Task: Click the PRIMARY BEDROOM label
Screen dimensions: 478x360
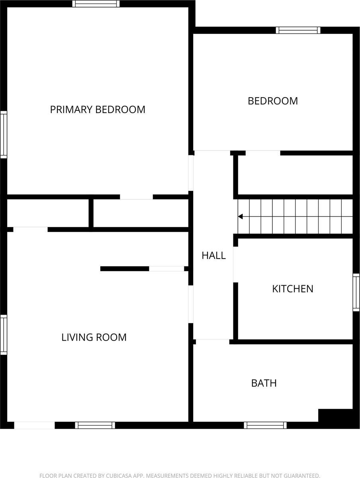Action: point(98,109)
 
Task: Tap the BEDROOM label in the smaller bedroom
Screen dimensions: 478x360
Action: point(273,101)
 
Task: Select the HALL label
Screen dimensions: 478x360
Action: point(213,255)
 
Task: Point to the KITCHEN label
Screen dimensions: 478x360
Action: point(293,289)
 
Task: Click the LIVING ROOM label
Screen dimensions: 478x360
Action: point(94,337)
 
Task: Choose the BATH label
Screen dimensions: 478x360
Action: point(264,383)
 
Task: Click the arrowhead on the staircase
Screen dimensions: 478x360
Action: point(241,217)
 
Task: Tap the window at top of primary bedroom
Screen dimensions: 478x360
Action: point(96,4)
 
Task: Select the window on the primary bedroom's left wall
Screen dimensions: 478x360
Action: point(3,135)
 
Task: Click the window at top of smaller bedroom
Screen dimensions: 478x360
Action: point(298,30)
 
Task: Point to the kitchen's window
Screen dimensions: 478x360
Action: point(356,292)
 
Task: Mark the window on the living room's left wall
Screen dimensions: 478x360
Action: point(3,335)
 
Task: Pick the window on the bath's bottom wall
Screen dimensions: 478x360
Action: point(265,425)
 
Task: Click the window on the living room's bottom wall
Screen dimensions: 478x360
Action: point(95,425)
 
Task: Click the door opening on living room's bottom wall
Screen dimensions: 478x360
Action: point(34,425)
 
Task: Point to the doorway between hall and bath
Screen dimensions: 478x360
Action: point(211,341)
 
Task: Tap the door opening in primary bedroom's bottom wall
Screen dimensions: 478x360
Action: point(136,197)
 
